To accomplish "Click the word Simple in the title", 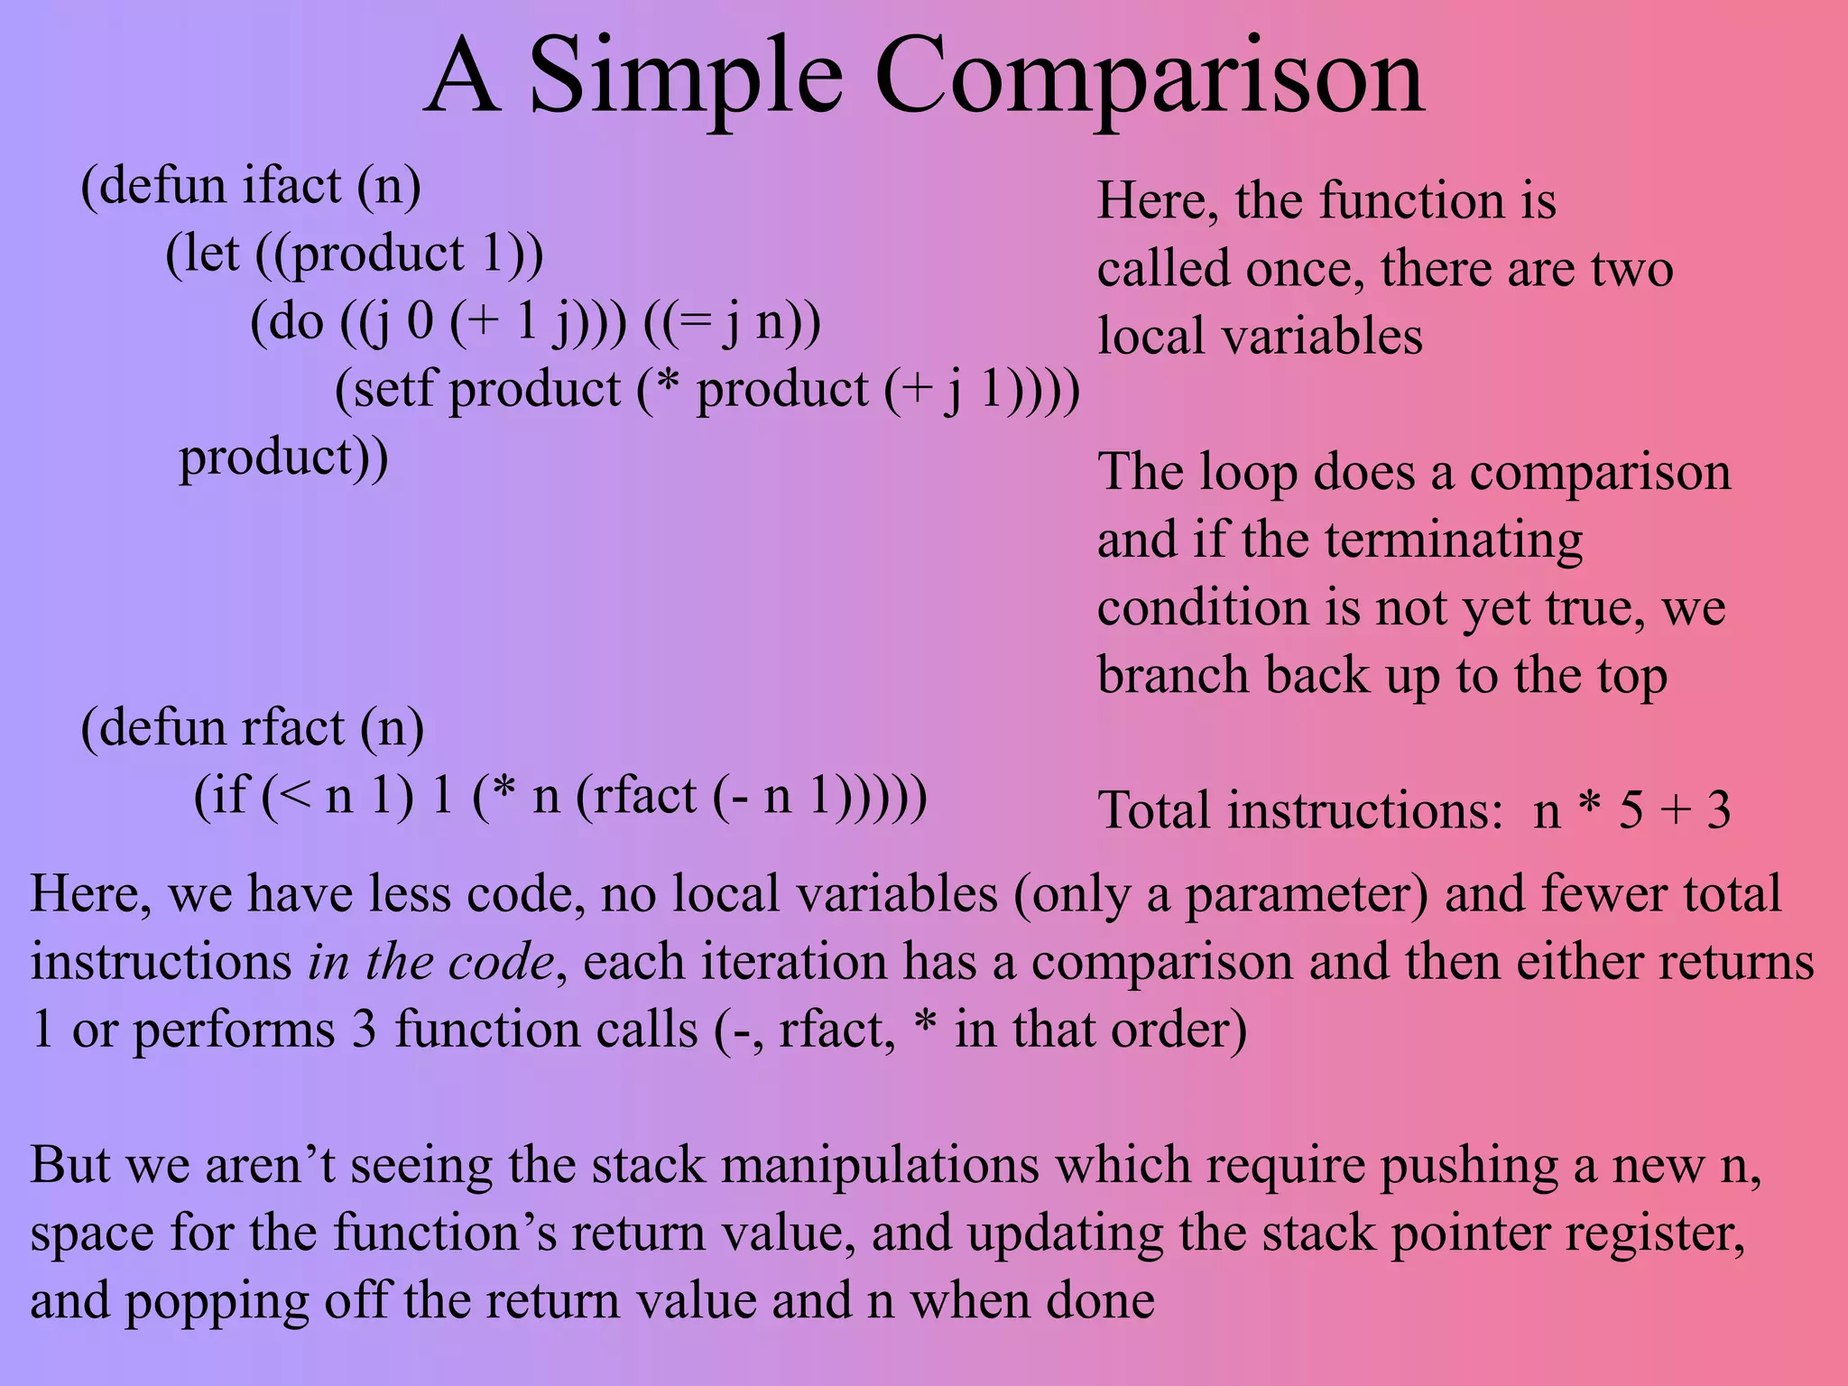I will point(686,79).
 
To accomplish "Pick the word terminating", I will point(1455,541).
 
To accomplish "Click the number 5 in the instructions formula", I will point(1630,810).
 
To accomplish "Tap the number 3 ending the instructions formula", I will point(1718,810).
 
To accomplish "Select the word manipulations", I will point(880,1165).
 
